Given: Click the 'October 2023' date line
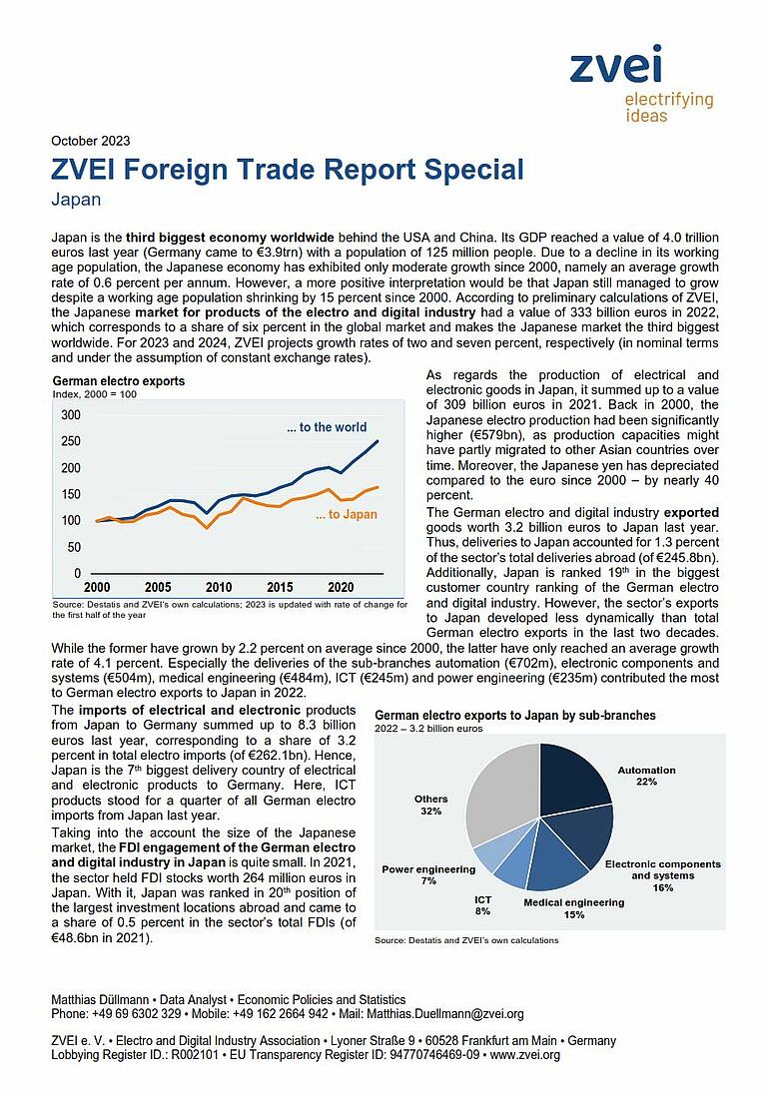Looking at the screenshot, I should point(90,141).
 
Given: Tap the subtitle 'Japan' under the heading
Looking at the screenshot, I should point(76,200).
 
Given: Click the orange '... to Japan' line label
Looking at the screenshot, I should point(346,515).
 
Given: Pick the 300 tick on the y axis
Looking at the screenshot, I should point(71,414).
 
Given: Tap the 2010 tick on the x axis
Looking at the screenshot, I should point(219,587).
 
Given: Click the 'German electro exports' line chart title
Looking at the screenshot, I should point(118,381).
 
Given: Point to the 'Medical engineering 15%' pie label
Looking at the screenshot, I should point(573,907).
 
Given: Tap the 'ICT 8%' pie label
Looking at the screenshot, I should point(482,905).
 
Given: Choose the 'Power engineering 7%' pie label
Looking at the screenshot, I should point(428,874).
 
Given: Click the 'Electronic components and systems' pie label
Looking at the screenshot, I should point(662,869).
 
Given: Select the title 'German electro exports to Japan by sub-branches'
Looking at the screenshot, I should point(514,716).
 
